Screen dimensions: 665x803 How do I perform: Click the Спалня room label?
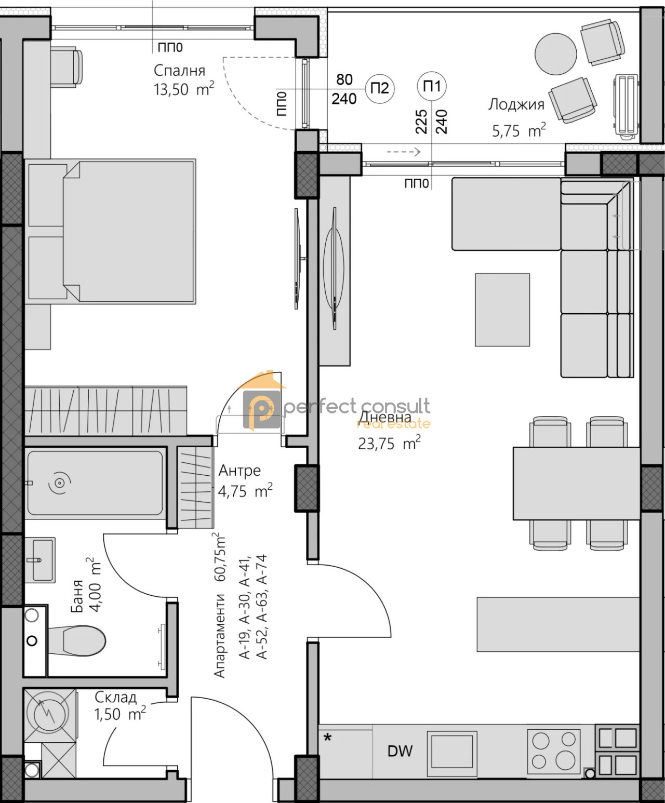[180, 70]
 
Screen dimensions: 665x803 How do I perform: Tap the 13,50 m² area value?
[184, 89]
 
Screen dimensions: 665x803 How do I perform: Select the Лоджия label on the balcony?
[516, 104]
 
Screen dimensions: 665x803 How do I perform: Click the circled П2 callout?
[380, 88]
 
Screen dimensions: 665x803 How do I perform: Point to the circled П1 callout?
[432, 86]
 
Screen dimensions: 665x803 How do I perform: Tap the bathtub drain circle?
[59, 483]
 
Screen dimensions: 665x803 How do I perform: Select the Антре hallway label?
[240, 471]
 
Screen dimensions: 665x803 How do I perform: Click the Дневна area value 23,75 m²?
[389, 444]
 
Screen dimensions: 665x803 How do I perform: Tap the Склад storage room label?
[115, 697]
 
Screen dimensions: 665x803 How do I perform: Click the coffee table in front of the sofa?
[502, 310]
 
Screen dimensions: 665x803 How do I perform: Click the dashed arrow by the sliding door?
[404, 152]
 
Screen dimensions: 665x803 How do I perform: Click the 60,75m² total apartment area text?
[219, 559]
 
